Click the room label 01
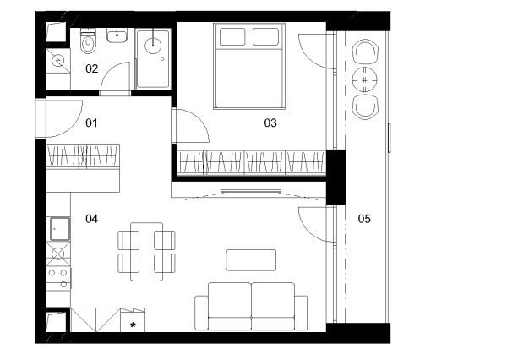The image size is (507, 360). click(x=91, y=123)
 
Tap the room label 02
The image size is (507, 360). click(x=91, y=68)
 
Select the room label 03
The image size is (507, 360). click(x=270, y=123)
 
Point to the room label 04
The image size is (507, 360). click(x=91, y=219)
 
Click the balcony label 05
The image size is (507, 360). click(x=364, y=219)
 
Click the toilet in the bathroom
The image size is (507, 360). click(x=88, y=41)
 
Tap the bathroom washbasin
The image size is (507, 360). click(x=117, y=35)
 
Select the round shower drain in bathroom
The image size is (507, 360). click(x=153, y=46)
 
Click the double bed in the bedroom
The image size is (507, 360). click(x=249, y=66)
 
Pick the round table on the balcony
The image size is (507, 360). click(x=365, y=79)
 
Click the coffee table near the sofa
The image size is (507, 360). click(x=251, y=260)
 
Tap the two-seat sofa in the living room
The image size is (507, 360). click(x=251, y=306)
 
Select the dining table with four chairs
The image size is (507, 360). click(x=146, y=252)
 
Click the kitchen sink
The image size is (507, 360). click(x=60, y=229)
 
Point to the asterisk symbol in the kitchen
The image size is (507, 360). click(x=133, y=325)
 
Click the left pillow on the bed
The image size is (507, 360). click(x=232, y=36)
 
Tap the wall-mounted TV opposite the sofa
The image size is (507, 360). click(x=251, y=192)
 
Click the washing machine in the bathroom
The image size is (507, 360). click(x=58, y=61)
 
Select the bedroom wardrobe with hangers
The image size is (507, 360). click(x=251, y=163)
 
